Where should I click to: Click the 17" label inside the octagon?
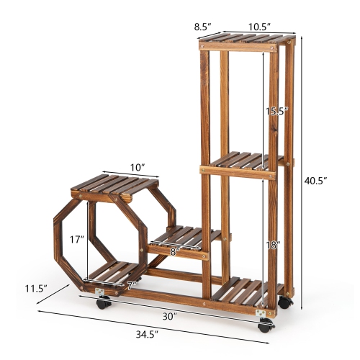[x=76, y=238]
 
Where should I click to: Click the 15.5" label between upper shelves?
[x=276, y=112]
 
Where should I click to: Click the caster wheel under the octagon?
[x=102, y=302]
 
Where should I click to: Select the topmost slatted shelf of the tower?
[x=247, y=40]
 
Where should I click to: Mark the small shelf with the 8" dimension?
[x=180, y=237]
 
